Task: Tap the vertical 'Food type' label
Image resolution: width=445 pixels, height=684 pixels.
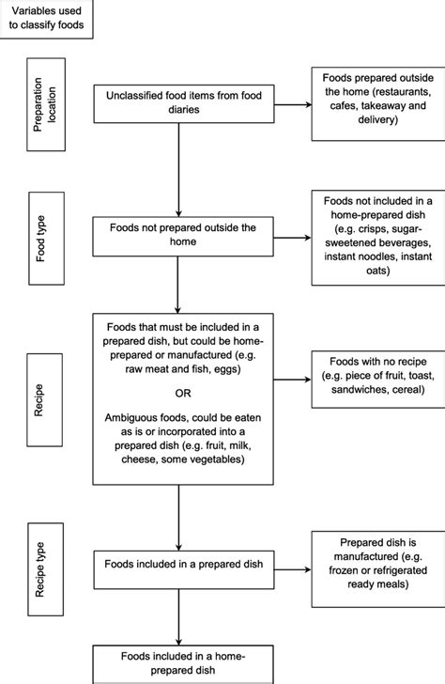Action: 44,241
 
